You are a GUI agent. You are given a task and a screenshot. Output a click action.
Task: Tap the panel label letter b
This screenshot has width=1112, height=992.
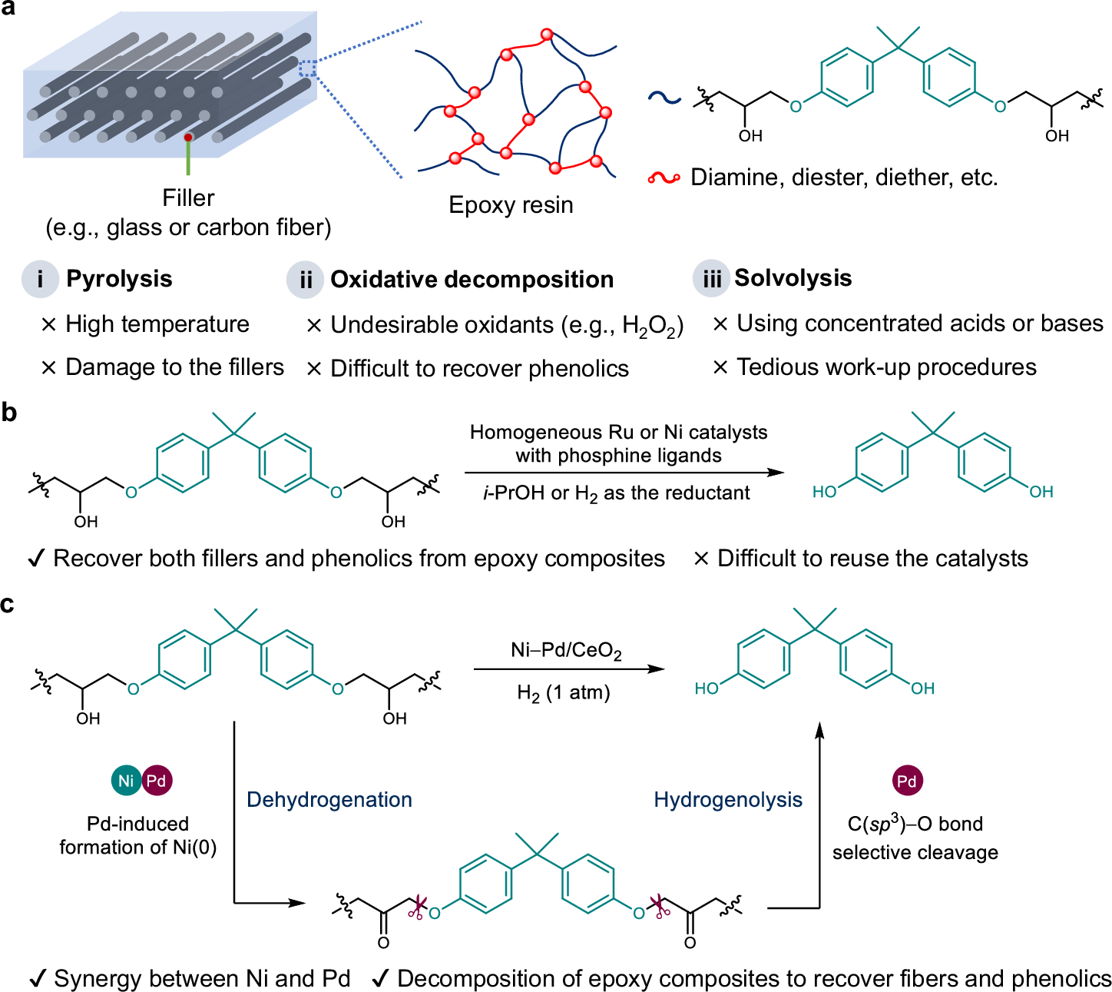(9, 413)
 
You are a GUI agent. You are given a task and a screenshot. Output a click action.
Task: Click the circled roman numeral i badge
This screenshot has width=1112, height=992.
(40, 279)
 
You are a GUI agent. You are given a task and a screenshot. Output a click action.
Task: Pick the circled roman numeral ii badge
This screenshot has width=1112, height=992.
(306, 280)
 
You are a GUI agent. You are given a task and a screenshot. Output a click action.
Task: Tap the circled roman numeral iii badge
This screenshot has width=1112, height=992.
(711, 279)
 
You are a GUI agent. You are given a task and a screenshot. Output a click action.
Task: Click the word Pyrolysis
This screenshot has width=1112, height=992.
(119, 279)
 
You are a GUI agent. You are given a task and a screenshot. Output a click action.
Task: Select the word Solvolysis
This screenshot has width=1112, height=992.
(793, 278)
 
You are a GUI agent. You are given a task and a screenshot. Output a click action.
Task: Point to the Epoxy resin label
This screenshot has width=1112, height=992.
(511, 205)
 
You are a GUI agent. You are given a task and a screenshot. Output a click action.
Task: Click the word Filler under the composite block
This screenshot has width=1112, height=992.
(188, 198)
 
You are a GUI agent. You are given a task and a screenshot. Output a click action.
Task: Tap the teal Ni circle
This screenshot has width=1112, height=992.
(126, 781)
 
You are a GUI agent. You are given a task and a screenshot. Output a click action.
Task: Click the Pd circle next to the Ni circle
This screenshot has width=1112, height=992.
(157, 781)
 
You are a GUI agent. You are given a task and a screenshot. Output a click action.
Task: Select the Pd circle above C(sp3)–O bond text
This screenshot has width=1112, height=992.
(907, 781)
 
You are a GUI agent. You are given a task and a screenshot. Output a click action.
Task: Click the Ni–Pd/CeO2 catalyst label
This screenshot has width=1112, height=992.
(566, 652)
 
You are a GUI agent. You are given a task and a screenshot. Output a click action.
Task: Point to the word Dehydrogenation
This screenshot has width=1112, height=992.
(329, 800)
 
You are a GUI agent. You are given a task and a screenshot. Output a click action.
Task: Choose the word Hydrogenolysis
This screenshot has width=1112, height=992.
(728, 800)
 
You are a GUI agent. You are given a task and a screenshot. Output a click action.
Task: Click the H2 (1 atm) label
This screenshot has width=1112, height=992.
(564, 693)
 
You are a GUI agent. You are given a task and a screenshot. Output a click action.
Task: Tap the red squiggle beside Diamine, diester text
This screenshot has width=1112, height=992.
(664, 178)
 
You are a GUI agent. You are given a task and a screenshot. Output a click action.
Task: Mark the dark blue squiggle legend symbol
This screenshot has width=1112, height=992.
(664, 98)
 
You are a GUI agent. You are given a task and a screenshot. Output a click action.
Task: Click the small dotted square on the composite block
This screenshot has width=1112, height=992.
(307, 68)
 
